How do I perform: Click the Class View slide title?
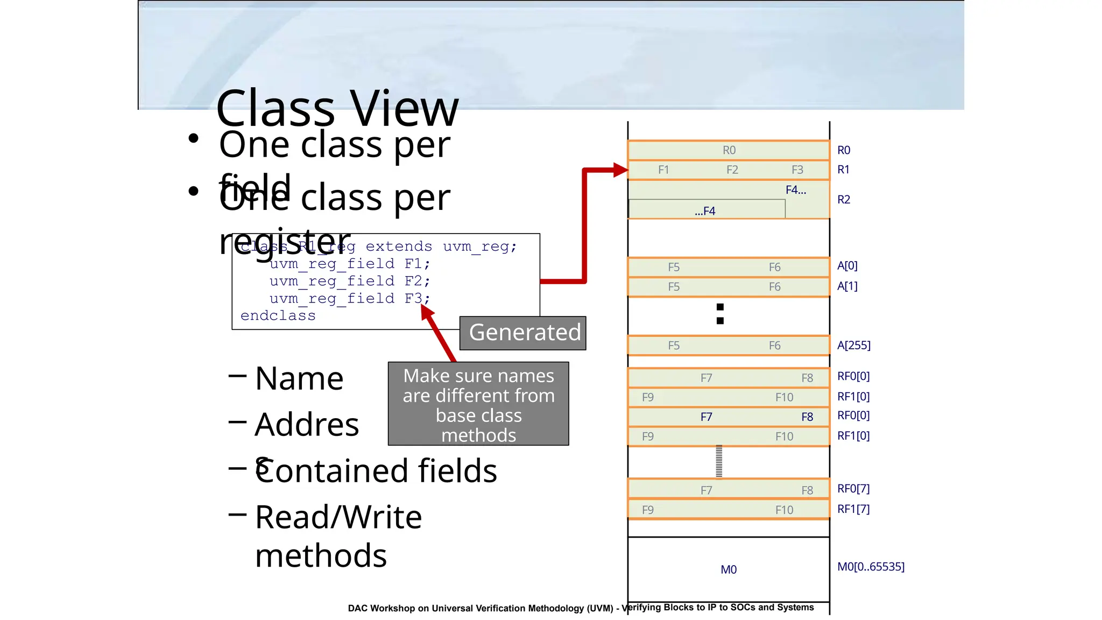[x=337, y=108]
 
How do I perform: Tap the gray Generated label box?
[x=523, y=333]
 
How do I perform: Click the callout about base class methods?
[x=478, y=404]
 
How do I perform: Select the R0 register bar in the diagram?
[x=729, y=150]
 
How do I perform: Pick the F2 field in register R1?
[x=732, y=170]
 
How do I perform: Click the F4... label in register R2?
[x=795, y=190]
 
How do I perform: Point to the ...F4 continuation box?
[x=706, y=210]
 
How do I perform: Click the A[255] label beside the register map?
[x=853, y=346]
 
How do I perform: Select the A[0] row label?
[x=847, y=266]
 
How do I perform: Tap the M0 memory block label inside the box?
[x=729, y=569]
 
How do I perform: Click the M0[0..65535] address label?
[x=871, y=567]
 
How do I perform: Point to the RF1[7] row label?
[x=853, y=509]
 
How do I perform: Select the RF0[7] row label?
[x=853, y=489]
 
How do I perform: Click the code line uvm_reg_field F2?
[x=349, y=281]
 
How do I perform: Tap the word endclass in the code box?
[x=278, y=316]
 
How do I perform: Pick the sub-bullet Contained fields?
[x=376, y=471]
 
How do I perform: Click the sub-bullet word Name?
[x=299, y=378]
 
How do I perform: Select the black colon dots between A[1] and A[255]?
[x=720, y=314]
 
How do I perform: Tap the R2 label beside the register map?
[x=843, y=200]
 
